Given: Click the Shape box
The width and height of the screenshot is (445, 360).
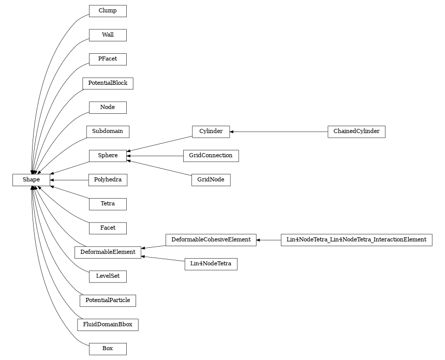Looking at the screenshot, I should click(31, 179).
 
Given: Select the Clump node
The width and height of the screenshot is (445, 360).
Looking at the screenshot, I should click(108, 11).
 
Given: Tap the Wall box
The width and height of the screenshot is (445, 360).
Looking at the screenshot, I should click(108, 35).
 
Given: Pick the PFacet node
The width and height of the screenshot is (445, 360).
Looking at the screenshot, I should click(108, 59).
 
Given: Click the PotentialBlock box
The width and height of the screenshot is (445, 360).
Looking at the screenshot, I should click(108, 83).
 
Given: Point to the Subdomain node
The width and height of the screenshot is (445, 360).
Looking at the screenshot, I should click(108, 131).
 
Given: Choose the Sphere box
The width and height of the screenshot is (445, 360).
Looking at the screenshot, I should click(108, 155).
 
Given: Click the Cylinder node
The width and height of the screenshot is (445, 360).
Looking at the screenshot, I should click(211, 131).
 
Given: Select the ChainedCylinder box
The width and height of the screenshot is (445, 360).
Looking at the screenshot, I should click(356, 131).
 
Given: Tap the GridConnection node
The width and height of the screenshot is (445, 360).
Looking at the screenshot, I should click(211, 155).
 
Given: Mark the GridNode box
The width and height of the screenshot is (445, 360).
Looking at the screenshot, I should click(211, 180).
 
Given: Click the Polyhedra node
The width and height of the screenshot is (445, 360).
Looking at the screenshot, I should click(108, 180).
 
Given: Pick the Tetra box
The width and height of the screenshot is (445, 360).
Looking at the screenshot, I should click(108, 204).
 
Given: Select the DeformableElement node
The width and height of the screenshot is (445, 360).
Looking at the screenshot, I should click(108, 252).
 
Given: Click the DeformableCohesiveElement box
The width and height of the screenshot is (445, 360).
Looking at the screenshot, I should click(211, 239).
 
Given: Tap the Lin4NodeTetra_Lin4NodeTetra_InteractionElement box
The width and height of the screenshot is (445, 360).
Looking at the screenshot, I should click(356, 239).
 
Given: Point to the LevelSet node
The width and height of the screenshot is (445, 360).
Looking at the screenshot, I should click(108, 276).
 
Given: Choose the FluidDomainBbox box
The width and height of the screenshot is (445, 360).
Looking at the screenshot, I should click(108, 325).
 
